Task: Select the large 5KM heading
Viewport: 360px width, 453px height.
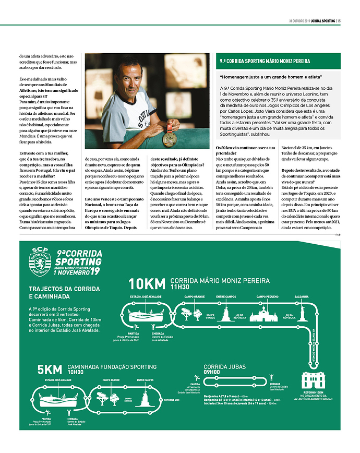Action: [x=50, y=370]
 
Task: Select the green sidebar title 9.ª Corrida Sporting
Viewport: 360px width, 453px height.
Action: [x=265, y=61]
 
